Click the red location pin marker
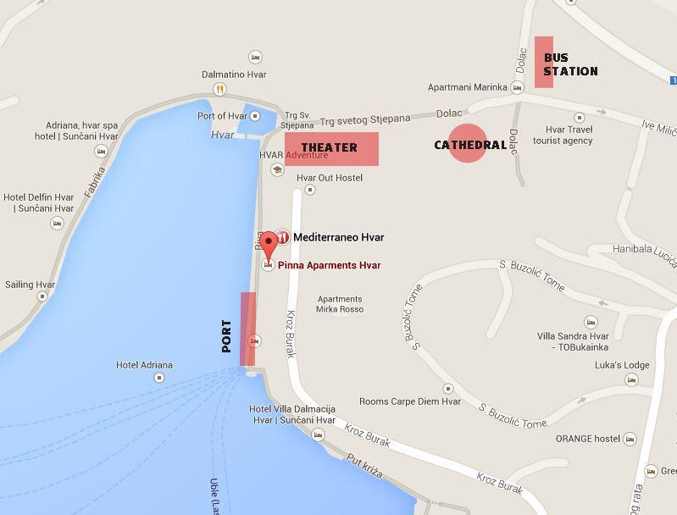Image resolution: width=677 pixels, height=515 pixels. click(x=269, y=244)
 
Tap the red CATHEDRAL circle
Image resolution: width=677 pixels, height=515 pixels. click(x=468, y=144)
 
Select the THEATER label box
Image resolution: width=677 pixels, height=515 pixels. click(x=331, y=148)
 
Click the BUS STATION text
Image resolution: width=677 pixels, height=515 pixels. click(x=570, y=64)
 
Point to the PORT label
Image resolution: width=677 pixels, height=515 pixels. click(x=226, y=335)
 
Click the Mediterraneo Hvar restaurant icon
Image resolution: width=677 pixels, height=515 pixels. click(x=283, y=238)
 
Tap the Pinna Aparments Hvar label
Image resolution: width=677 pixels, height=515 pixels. click(x=329, y=265)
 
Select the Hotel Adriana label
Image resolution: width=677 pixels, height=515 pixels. click(x=144, y=366)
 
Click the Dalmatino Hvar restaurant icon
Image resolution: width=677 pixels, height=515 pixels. click(x=220, y=89)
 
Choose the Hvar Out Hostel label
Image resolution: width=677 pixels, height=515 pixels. click(x=330, y=178)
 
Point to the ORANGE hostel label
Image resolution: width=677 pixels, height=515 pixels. click(x=588, y=439)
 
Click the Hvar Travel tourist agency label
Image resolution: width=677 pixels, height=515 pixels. click(x=563, y=135)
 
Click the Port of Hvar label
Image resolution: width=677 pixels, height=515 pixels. click(x=222, y=116)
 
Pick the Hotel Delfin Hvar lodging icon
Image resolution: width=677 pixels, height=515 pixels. click(x=57, y=224)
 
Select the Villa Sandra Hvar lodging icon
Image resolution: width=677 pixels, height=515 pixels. click(x=591, y=323)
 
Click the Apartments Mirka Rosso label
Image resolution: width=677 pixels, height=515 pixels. click(x=340, y=304)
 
